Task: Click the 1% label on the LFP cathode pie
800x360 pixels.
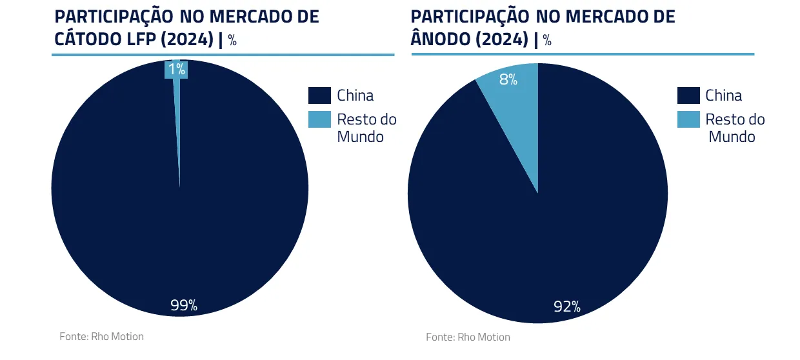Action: pos(177,70)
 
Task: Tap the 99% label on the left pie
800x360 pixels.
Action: pos(184,305)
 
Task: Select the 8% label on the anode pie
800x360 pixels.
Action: pos(508,80)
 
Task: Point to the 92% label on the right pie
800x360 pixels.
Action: pos(567,306)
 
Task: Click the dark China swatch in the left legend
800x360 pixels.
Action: pos(319,95)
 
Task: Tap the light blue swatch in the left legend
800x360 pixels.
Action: pos(319,119)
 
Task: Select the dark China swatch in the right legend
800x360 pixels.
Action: pos(688,95)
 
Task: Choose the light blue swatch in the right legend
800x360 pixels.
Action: pos(688,119)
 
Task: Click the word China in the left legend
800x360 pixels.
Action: pos(355,95)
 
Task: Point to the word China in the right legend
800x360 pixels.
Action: pos(724,95)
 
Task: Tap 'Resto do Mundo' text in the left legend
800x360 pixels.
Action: pos(366,128)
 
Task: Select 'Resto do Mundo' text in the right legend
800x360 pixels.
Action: pos(735,128)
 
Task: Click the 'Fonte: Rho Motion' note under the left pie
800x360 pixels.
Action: pos(101,336)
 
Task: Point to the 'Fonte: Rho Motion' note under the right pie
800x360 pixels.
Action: pos(468,337)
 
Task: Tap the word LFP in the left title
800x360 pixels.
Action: pos(145,39)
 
